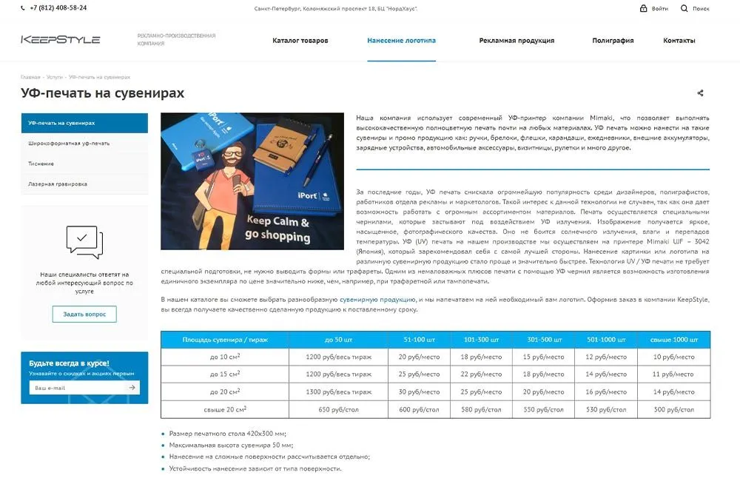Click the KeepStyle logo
click(60, 40)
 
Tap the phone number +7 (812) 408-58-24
click(58, 8)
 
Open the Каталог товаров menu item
click(300, 41)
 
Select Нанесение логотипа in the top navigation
click(401, 41)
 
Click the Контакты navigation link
click(679, 41)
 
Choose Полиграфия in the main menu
click(613, 41)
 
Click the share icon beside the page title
click(700, 93)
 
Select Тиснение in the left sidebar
click(41, 164)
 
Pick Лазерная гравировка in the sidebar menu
click(58, 184)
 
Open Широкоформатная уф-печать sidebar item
click(69, 143)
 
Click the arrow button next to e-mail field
click(132, 387)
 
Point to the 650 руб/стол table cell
click(339, 409)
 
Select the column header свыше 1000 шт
click(673, 340)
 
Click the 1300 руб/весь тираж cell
click(339, 391)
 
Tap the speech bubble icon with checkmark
click(84, 241)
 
